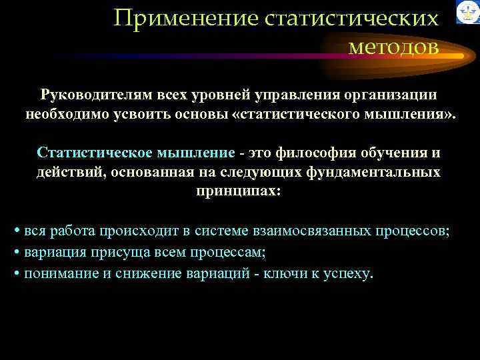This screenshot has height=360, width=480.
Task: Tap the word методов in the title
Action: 393,47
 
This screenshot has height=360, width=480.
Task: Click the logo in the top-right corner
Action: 467,13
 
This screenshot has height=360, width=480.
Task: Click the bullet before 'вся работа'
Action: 17,232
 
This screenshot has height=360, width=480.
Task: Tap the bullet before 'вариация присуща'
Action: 17,253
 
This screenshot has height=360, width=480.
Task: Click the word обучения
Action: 389,153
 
